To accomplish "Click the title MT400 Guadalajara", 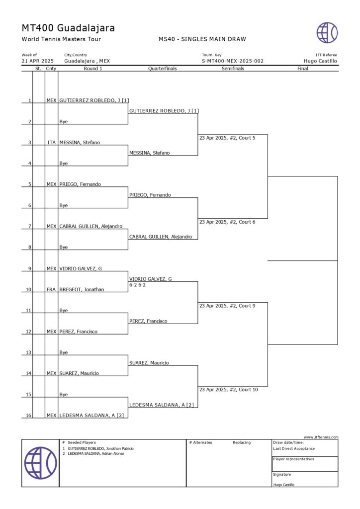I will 68,28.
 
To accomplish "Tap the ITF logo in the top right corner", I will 327,32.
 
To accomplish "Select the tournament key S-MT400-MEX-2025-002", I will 232,61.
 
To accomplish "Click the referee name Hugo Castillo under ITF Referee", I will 320,61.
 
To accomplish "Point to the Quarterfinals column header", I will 163,69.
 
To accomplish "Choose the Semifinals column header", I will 233,69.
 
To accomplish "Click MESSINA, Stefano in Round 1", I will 80,143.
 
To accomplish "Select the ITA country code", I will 51,143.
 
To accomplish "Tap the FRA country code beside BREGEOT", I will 51,289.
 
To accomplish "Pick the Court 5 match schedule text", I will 227,138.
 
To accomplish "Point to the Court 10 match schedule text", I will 228,390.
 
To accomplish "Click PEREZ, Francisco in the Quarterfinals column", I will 148,321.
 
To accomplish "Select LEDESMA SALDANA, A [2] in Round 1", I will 91,416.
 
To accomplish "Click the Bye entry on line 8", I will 64,247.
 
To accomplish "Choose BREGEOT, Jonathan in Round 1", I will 82,289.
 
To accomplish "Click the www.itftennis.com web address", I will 321,437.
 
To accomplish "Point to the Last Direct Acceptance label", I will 294,448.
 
